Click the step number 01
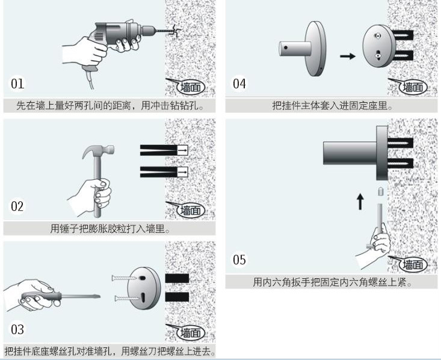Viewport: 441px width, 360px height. (18, 83)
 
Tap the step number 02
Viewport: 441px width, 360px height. (18, 207)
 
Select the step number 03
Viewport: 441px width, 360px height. (18, 329)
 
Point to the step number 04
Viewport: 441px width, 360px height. (239, 84)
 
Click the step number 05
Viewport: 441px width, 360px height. (239, 260)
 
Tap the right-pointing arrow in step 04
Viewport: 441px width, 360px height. (348, 56)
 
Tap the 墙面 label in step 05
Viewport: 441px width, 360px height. (413, 264)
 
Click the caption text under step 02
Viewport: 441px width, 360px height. (109, 228)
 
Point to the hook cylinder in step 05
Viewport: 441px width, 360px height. (349, 153)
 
